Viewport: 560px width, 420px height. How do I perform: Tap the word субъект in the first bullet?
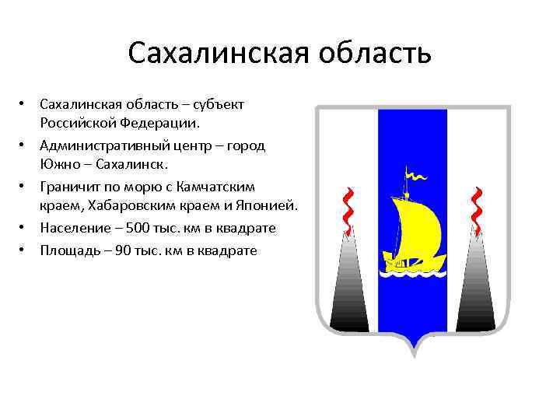219,105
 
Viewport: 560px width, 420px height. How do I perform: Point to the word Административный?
102,146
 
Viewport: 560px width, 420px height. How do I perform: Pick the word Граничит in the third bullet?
69,187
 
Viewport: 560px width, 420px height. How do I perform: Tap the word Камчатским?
238,187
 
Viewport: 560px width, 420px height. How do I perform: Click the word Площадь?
70,251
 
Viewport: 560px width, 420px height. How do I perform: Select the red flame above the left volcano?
349,210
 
